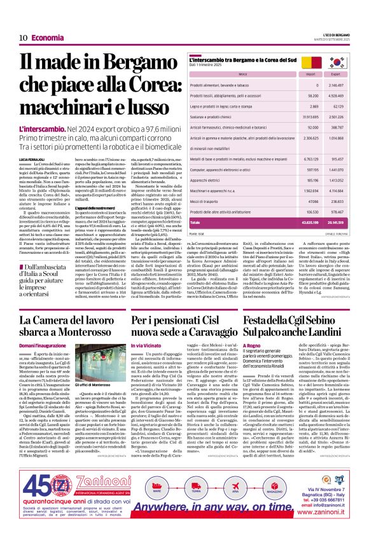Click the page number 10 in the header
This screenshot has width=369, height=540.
click(23, 38)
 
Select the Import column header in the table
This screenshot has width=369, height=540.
click(312, 74)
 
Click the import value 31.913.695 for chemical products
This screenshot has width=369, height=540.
click(310, 117)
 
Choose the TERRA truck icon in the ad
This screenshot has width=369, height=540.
click(195, 490)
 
